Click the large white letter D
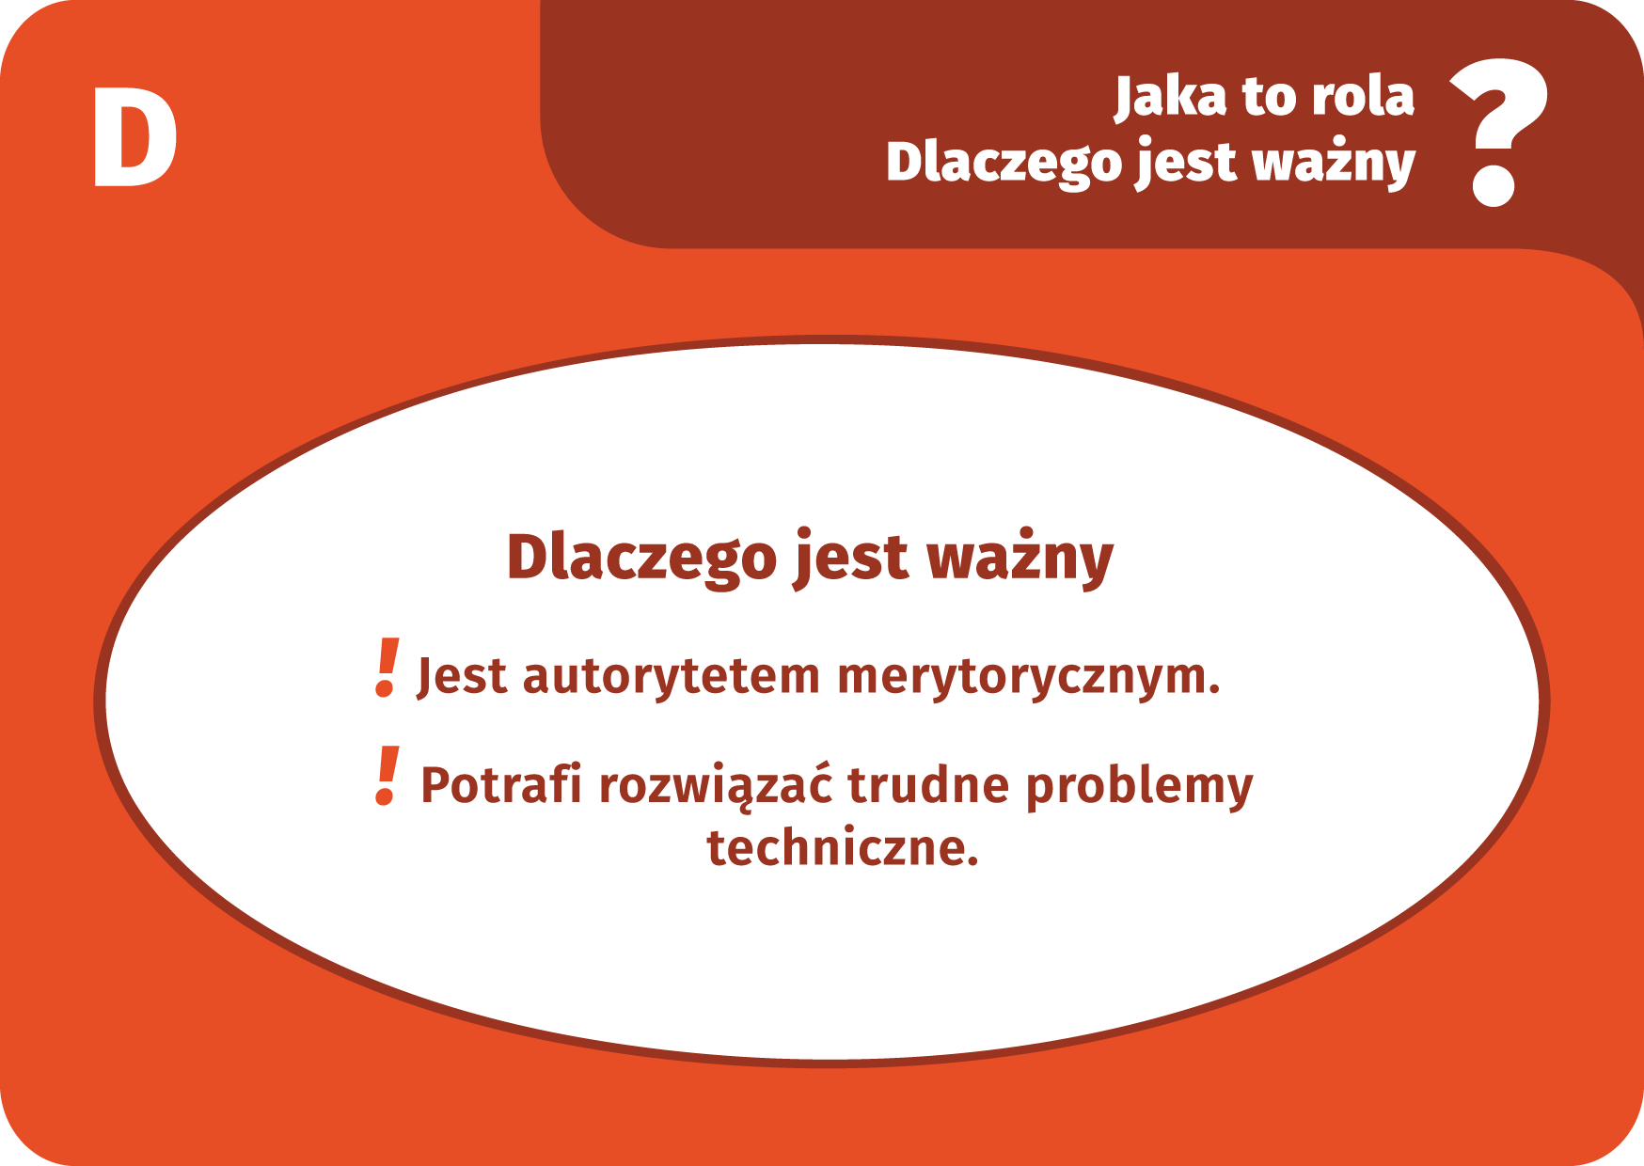(x=134, y=137)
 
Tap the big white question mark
(x=1498, y=133)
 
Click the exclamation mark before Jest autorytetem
(x=387, y=668)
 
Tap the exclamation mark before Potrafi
(x=387, y=777)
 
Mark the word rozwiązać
(x=716, y=786)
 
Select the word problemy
(x=1140, y=787)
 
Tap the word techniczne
(x=843, y=847)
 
